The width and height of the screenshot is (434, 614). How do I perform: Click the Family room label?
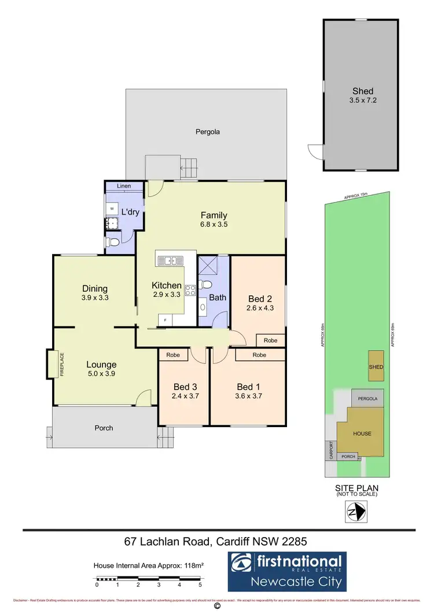click(214, 215)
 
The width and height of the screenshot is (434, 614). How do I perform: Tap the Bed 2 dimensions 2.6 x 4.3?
click(260, 308)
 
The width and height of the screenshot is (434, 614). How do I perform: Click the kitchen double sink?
click(170, 260)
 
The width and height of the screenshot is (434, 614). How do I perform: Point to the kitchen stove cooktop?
click(190, 291)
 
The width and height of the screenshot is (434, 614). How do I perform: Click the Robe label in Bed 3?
click(172, 354)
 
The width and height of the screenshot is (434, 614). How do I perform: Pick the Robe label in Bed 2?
click(270, 340)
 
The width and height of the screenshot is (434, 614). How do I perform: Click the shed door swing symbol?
click(316, 151)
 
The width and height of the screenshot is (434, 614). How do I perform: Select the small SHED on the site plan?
click(376, 366)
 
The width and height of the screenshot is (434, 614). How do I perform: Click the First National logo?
click(286, 570)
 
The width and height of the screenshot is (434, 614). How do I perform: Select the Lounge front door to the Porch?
click(139, 399)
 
